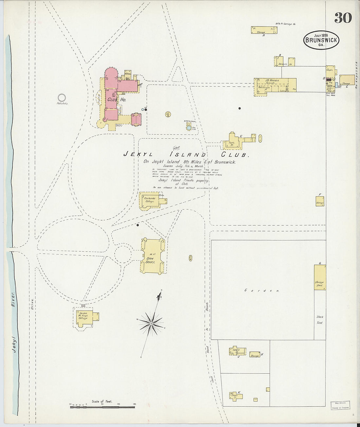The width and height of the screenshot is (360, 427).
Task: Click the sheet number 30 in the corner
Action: point(343,18)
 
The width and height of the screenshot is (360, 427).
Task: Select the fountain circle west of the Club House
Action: point(62,98)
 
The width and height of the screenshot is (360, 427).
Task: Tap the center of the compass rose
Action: point(152,323)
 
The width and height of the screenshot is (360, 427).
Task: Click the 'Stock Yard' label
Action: point(320,320)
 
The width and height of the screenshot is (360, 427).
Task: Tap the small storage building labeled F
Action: point(320,201)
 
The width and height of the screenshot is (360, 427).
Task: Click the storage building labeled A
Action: point(264,30)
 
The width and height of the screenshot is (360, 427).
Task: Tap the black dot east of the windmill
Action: point(240,108)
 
